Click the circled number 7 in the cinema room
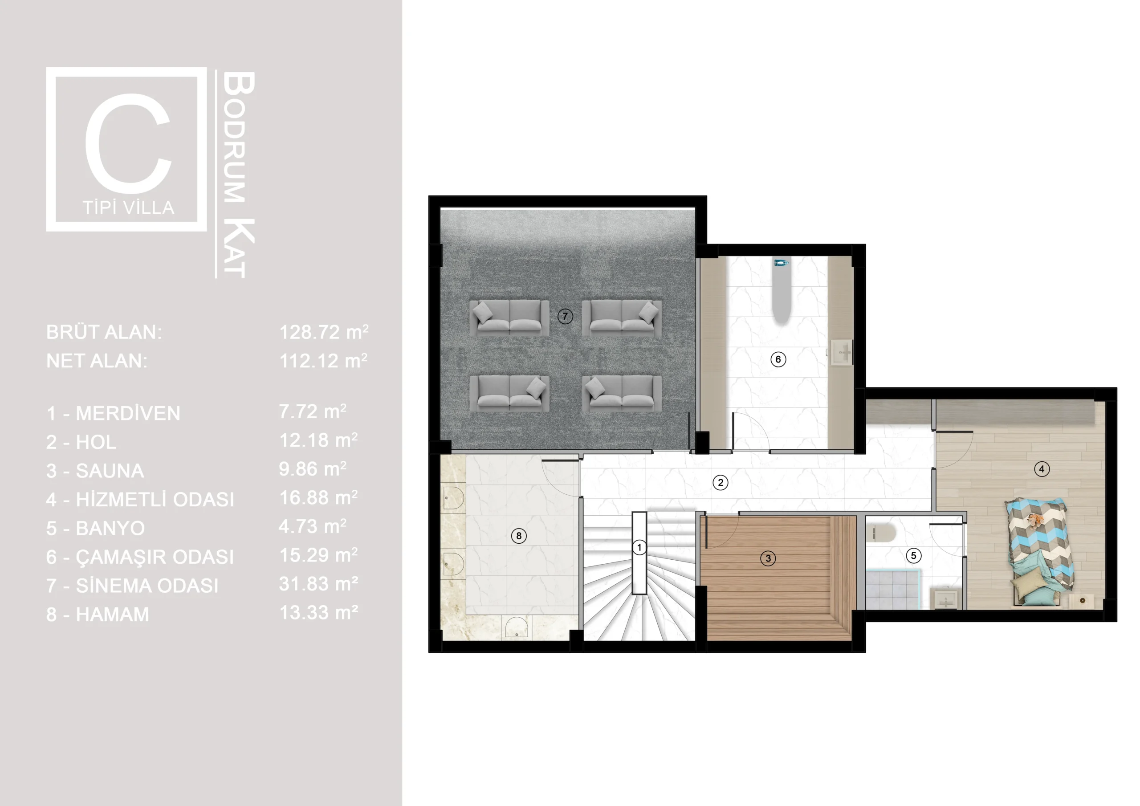click(565, 316)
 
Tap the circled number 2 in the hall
click(721, 482)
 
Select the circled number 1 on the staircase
click(639, 547)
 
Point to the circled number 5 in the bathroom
click(914, 555)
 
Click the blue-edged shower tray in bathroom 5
click(893, 589)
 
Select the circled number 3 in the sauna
click(768, 558)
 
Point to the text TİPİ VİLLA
click(129, 208)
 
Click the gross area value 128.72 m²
click(324, 332)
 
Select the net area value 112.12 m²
click(323, 361)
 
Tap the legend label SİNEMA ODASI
click(147, 586)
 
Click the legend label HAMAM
click(112, 615)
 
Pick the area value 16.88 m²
click(318, 497)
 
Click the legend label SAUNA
click(110, 471)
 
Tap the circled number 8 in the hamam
click(519, 536)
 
